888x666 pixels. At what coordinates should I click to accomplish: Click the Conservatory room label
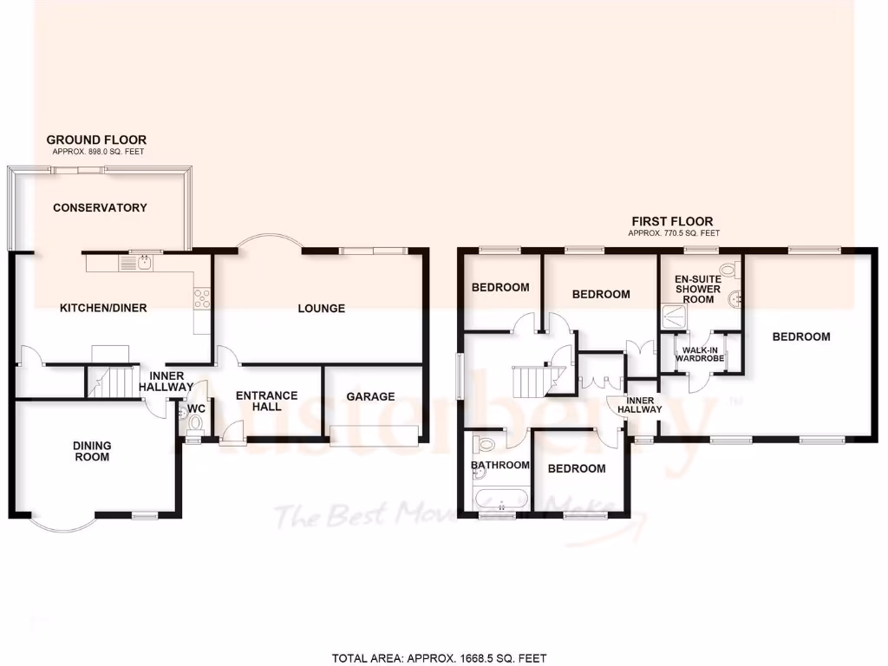point(100,207)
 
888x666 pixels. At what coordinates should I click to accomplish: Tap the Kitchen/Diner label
point(103,308)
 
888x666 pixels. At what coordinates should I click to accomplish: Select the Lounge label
point(321,308)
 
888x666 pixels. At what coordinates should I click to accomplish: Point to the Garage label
point(370,396)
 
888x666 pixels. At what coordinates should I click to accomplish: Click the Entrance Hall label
point(267,401)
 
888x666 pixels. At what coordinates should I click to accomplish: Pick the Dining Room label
point(92,451)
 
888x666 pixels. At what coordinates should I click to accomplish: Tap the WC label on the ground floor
point(196,408)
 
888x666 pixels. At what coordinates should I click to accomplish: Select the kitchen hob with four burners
point(202,298)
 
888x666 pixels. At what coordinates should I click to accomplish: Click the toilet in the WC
point(195,424)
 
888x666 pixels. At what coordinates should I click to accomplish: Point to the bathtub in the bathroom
point(501,499)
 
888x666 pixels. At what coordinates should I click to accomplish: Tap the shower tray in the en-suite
point(674,317)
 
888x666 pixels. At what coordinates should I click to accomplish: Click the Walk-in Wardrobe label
point(700,353)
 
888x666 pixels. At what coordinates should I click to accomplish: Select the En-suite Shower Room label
point(698,289)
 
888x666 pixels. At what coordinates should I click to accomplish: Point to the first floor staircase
point(531,380)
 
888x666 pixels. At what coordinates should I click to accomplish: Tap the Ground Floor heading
point(96,140)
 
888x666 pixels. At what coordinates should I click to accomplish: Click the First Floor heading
point(673,221)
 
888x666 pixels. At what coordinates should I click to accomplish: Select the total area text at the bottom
point(441,658)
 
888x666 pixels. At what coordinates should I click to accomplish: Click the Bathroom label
point(499,465)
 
